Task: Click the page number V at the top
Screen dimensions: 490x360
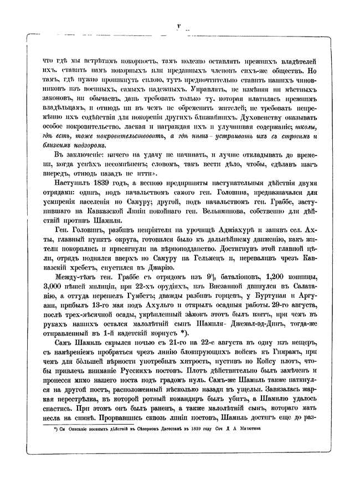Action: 178,25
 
